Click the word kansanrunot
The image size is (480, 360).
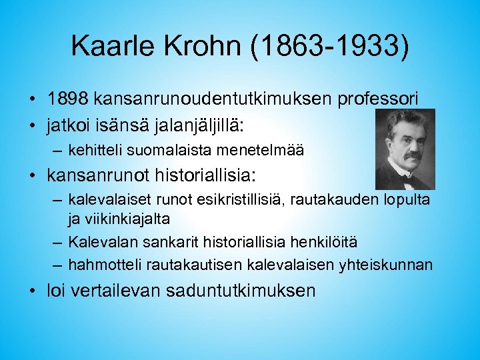point(97,177)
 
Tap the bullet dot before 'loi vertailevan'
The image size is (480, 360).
point(33,291)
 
